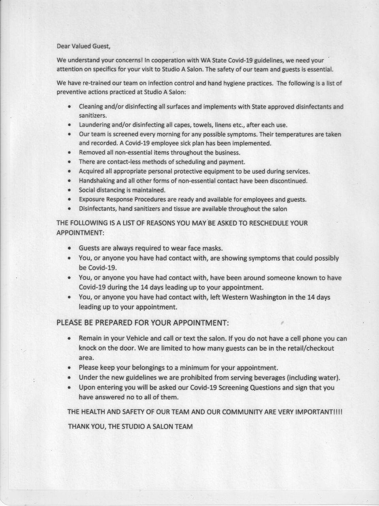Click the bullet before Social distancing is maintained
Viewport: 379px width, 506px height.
click(x=69, y=190)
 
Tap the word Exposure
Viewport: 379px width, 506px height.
click(x=91, y=200)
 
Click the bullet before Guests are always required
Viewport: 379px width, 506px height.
click(x=69, y=249)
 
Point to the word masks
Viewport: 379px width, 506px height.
click(x=214, y=248)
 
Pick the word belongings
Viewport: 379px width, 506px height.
click(x=153, y=368)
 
